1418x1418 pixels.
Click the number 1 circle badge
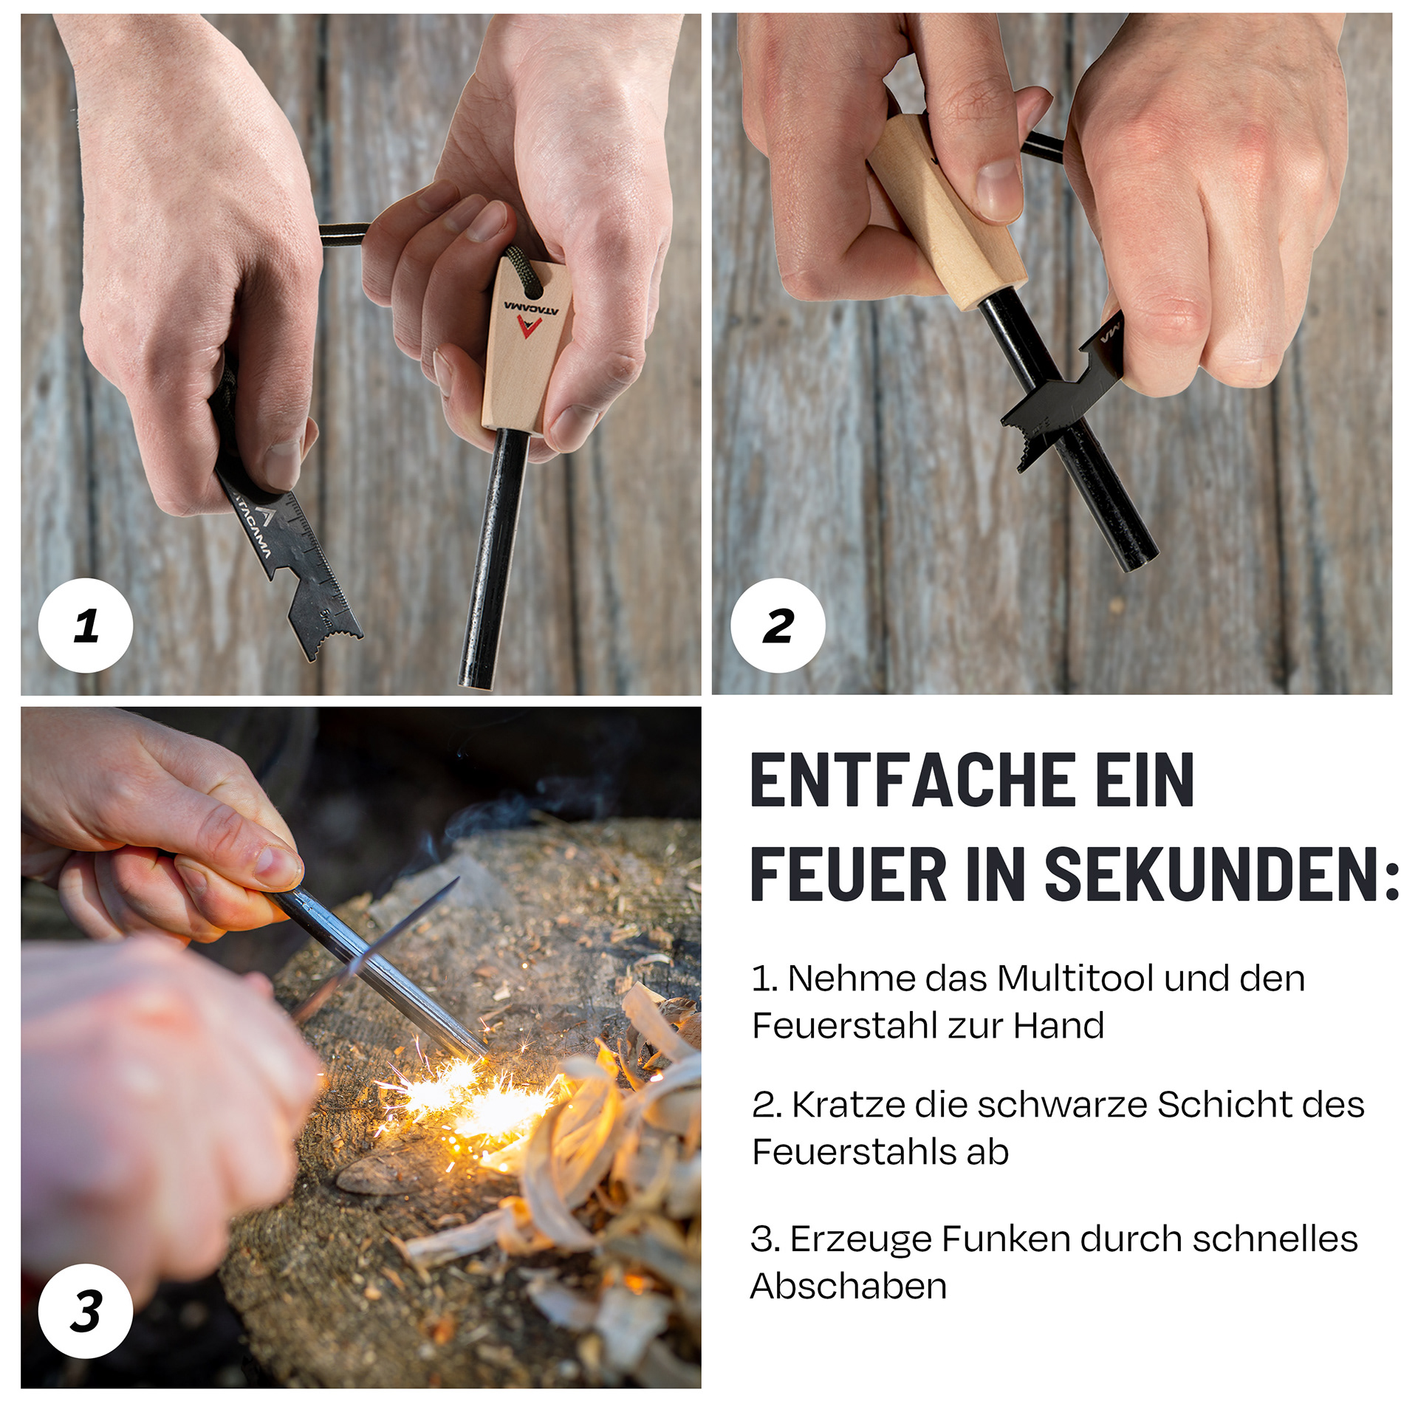86,625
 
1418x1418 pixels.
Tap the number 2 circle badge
778,625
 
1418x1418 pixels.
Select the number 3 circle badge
86,1311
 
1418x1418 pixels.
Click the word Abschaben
849,1287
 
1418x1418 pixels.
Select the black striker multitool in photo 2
1063,391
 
